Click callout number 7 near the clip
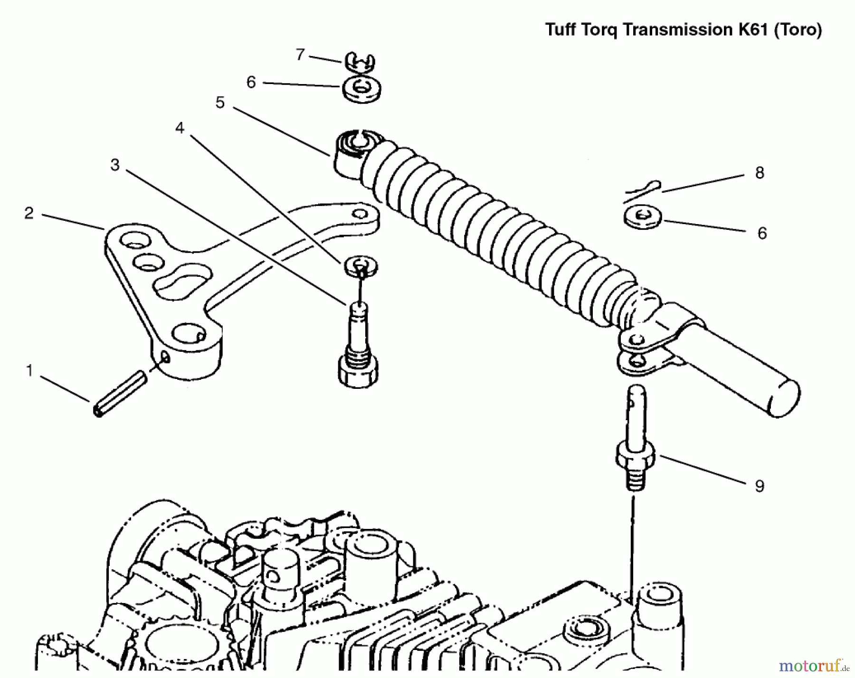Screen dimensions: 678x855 pyautogui.click(x=300, y=55)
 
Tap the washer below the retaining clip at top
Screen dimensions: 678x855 pyautogui.click(x=362, y=89)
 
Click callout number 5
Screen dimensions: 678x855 pyautogui.click(x=219, y=103)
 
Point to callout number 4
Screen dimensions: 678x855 pyautogui.click(x=180, y=128)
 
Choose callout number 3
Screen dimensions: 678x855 pyautogui.click(x=115, y=165)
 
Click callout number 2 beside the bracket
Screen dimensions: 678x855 pyautogui.click(x=29, y=213)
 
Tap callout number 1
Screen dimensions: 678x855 pyautogui.click(x=29, y=371)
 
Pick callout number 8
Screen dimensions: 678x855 pyautogui.click(x=760, y=173)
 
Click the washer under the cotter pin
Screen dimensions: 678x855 pyautogui.click(x=642, y=217)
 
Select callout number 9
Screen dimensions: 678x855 pyautogui.click(x=760, y=486)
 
